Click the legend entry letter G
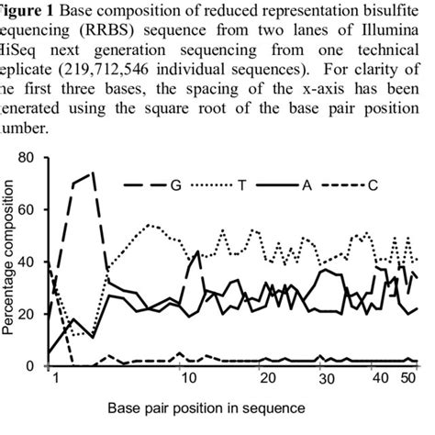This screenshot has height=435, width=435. click(175, 184)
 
